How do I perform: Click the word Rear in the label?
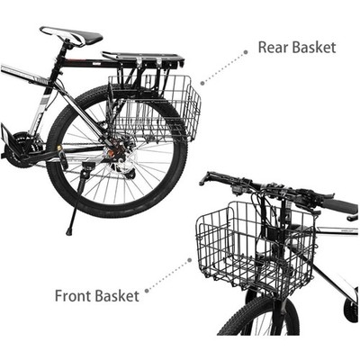pos(273,48)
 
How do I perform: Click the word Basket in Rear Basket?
pos(314,48)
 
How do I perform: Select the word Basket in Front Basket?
pos(117,295)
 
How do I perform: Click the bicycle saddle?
pos(72,36)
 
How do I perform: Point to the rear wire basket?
pos(154,109)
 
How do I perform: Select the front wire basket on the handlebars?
pos(255,247)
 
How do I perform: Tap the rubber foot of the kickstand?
pos(69,232)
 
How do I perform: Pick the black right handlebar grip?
pos(339,205)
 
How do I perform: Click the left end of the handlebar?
pos(202,181)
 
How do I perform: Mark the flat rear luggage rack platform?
pos(143,57)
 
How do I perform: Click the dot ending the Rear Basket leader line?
pos(202,83)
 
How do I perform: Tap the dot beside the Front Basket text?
pos(147,291)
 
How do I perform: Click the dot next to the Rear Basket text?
pos(246,52)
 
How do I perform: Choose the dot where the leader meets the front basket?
pos(189,260)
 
